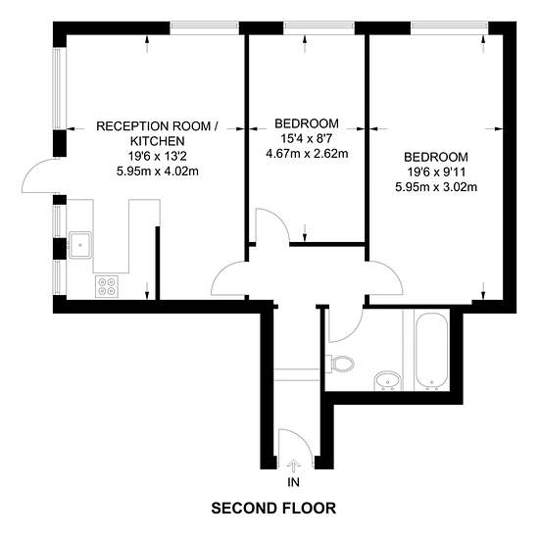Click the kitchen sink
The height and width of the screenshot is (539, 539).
pyautogui.click(x=80, y=245)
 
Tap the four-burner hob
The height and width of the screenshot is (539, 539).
pyautogui.click(x=107, y=286)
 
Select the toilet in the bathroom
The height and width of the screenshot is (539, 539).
pyautogui.click(x=340, y=364)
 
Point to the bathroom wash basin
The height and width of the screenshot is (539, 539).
pyautogui.click(x=388, y=381)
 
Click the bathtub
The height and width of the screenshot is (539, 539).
pyautogui.click(x=432, y=351)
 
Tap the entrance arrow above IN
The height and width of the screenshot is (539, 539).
pyautogui.click(x=293, y=466)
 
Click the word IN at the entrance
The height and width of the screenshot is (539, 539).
pyautogui.click(x=293, y=482)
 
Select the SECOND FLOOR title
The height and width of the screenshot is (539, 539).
pyautogui.click(x=273, y=508)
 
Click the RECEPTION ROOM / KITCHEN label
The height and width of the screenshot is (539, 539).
pyautogui.click(x=157, y=133)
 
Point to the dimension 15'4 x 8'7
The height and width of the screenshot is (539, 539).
pyautogui.click(x=307, y=138)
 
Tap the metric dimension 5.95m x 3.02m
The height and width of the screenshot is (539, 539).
pyautogui.click(x=436, y=187)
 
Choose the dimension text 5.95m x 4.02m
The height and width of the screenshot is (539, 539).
pyautogui.click(x=158, y=171)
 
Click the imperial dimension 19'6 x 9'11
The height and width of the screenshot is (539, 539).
pyautogui.click(x=436, y=171)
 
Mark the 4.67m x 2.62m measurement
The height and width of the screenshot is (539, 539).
pyautogui.click(x=307, y=153)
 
